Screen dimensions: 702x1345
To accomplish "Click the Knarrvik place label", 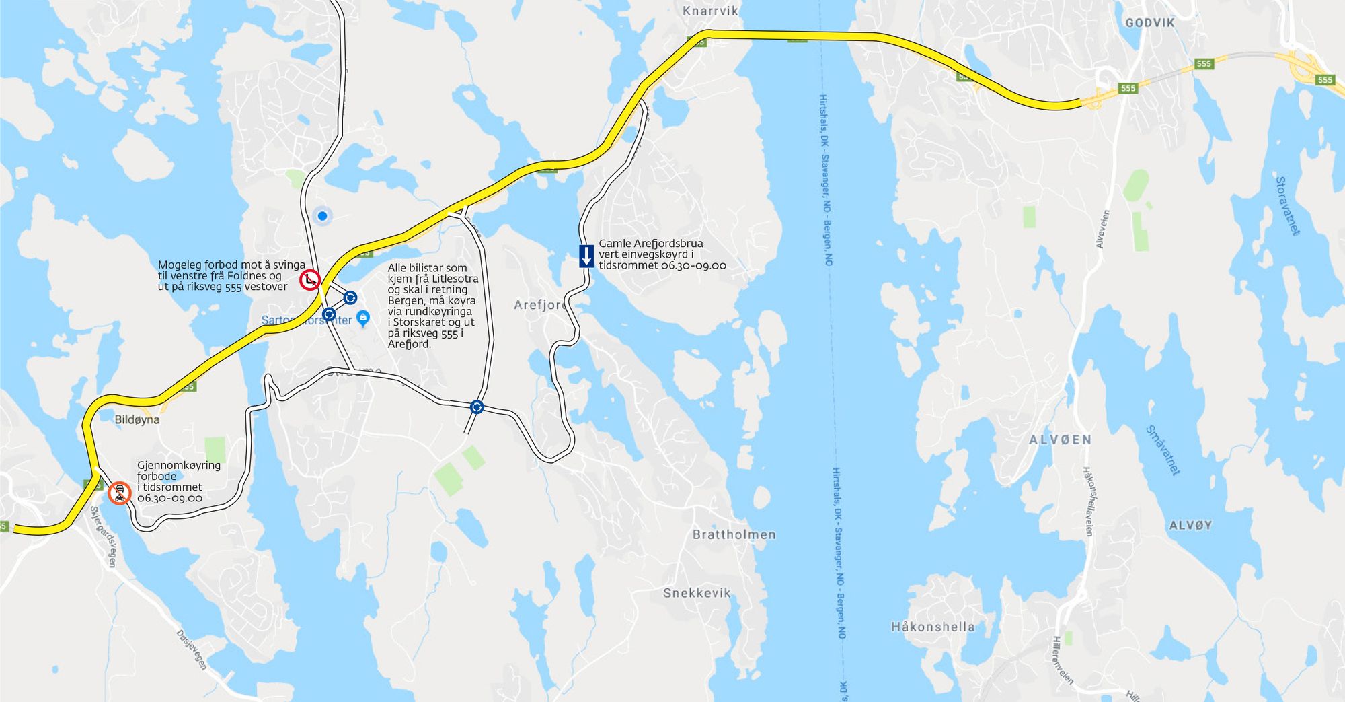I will (x=710, y=11).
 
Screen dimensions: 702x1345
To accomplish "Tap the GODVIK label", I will (x=1150, y=23).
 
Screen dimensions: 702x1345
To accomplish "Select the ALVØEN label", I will (x=1060, y=440).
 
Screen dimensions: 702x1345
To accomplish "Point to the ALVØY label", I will (x=1190, y=526).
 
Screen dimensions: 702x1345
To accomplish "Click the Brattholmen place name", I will (x=734, y=535).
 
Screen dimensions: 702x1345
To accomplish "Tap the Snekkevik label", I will (x=697, y=593).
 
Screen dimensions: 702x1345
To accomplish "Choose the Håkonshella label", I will (x=933, y=627).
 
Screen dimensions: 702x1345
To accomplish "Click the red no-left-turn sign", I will (x=309, y=279).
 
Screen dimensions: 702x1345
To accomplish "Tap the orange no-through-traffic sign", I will (x=120, y=493).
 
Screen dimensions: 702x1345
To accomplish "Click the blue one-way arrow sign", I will (x=586, y=256).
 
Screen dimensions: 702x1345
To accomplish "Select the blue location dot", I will (x=323, y=216).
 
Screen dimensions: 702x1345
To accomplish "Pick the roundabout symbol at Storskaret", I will (x=477, y=407).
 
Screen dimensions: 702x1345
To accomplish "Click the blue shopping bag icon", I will (x=363, y=317).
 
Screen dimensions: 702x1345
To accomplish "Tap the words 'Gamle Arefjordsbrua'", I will (x=651, y=244).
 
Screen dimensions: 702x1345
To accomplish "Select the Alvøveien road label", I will (x=1104, y=229).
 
